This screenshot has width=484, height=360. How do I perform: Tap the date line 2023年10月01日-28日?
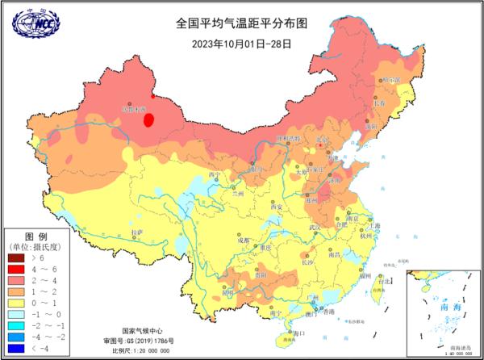tap(241, 43)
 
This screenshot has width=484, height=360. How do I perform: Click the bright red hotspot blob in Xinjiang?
tap(148, 121)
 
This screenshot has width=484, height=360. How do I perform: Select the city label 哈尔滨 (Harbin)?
tap(390, 81)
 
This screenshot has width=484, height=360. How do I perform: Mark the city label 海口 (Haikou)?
tap(299, 333)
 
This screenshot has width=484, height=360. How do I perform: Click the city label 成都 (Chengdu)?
tap(244, 240)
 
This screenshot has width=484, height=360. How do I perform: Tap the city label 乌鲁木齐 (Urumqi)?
tap(135, 107)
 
